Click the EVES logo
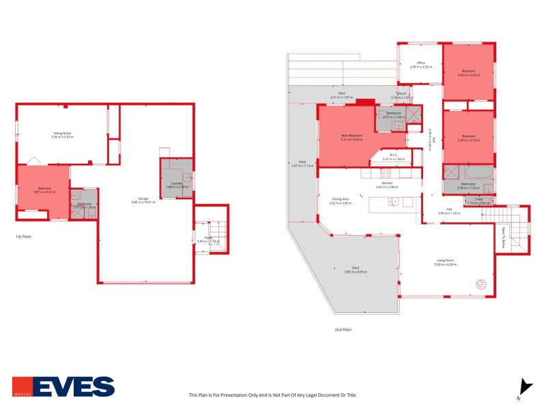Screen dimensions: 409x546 63,387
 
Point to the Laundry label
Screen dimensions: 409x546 175,183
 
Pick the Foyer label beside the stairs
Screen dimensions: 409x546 207,238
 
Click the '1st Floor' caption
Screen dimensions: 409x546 24,237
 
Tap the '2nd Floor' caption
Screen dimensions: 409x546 343,329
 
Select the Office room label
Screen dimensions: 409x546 421,63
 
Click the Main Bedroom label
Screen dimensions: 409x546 351,136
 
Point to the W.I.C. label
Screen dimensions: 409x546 393,155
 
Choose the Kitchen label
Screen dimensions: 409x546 386,183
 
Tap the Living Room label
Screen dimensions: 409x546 446,260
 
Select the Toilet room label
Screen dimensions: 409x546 478,199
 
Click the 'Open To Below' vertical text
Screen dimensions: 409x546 503,237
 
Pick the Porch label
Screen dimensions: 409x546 403,94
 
